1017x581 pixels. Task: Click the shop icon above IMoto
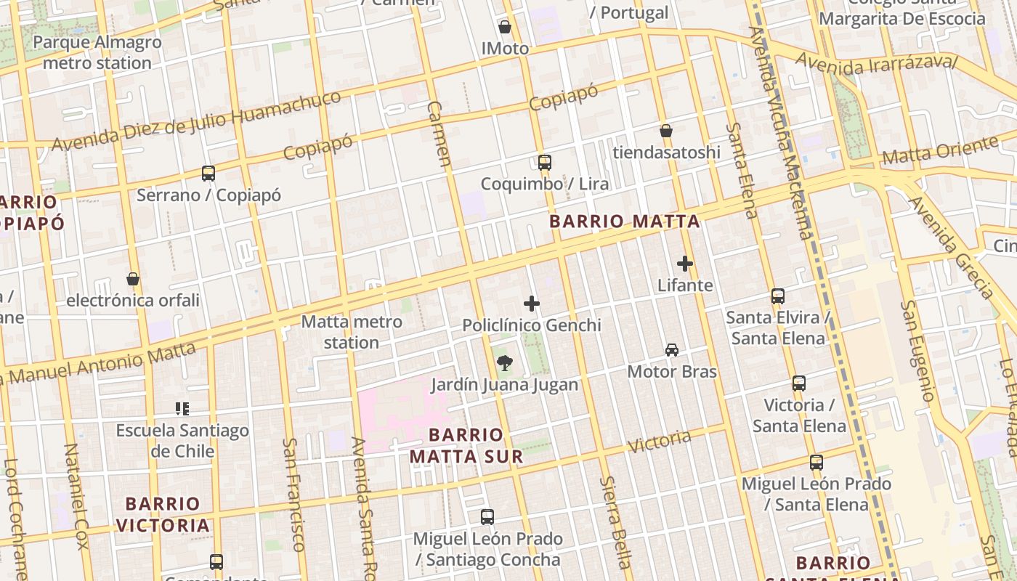click(x=505, y=27)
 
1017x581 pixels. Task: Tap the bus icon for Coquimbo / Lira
click(x=545, y=162)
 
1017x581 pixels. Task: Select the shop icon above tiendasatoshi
click(x=666, y=131)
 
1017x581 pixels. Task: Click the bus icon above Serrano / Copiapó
click(x=208, y=174)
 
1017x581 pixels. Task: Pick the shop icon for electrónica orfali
click(x=133, y=279)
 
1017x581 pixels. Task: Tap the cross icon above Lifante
click(x=685, y=264)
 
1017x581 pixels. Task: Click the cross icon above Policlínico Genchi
click(x=532, y=304)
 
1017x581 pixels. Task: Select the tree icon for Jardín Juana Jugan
click(x=504, y=363)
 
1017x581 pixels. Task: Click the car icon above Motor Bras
click(x=672, y=350)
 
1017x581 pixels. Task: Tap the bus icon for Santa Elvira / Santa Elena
click(x=778, y=296)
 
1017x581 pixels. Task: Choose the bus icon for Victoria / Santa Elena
click(x=799, y=383)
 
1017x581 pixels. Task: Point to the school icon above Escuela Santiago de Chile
click(x=182, y=409)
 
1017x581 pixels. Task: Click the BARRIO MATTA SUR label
click(x=466, y=445)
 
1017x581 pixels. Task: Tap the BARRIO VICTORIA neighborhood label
click(x=163, y=514)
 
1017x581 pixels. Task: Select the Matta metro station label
click(x=352, y=332)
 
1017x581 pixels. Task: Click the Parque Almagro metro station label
click(x=97, y=52)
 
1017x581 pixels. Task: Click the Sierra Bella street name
click(x=615, y=522)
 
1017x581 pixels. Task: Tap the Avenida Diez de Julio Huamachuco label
click(x=196, y=121)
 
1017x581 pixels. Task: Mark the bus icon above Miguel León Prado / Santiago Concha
click(x=487, y=517)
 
